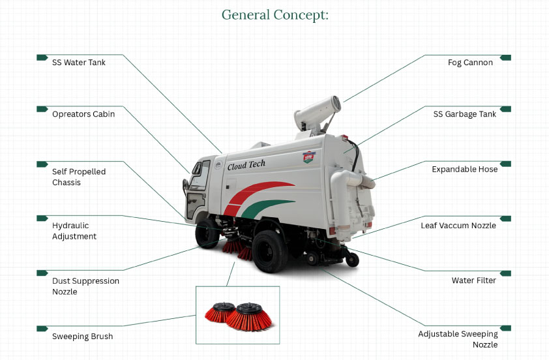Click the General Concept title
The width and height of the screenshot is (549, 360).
pos(274,15)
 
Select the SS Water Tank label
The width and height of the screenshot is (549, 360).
pos(79,63)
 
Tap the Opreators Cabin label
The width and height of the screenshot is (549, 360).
pos(83,114)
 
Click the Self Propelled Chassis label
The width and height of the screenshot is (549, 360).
pos(79,177)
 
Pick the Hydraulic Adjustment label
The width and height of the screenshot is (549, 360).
pos(74,231)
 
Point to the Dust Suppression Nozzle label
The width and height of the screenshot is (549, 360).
pos(85,286)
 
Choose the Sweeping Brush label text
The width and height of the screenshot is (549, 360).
pos(83,337)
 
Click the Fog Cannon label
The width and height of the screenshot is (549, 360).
pos(470,63)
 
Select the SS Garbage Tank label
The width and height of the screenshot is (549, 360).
pos(465,114)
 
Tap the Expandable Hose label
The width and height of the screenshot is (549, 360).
pos(464,169)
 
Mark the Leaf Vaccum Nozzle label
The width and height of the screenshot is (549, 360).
pos(458,226)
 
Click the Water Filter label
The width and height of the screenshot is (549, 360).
pos(474,280)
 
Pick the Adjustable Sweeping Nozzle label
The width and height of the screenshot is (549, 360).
pos(458,339)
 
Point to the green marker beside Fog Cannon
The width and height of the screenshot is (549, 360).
pos(505,57)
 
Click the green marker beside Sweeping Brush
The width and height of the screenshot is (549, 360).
pos(42,328)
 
